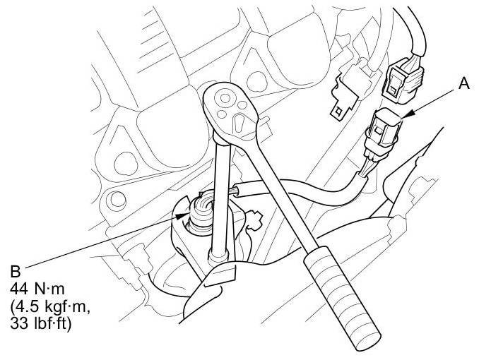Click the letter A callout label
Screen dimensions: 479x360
(x=463, y=84)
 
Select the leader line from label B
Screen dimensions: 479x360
(x=99, y=239)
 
